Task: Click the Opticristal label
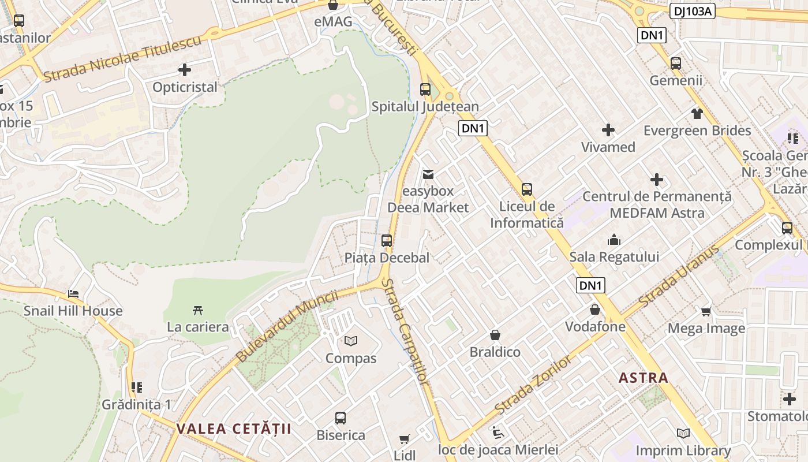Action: click(x=185, y=87)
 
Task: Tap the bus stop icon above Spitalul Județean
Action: click(x=425, y=90)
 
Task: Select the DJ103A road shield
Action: click(x=693, y=10)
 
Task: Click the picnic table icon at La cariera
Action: click(x=198, y=310)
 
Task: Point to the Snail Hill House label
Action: click(x=73, y=311)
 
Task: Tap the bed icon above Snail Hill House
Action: click(x=73, y=293)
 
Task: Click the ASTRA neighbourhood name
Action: click(x=644, y=378)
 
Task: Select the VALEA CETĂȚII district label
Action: click(x=234, y=429)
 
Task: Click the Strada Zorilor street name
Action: click(x=534, y=383)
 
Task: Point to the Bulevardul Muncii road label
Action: click(x=287, y=326)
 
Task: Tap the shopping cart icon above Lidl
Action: click(x=405, y=439)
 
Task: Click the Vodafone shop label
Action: click(x=595, y=326)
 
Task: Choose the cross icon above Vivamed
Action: click(x=608, y=130)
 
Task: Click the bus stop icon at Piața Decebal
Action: click(x=387, y=241)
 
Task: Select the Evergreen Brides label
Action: click(x=697, y=131)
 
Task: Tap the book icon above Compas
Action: click(x=351, y=341)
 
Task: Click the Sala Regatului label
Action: click(x=614, y=256)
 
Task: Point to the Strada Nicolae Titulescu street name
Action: click(x=122, y=58)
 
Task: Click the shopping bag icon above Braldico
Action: click(x=495, y=335)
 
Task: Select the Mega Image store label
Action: click(x=706, y=329)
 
